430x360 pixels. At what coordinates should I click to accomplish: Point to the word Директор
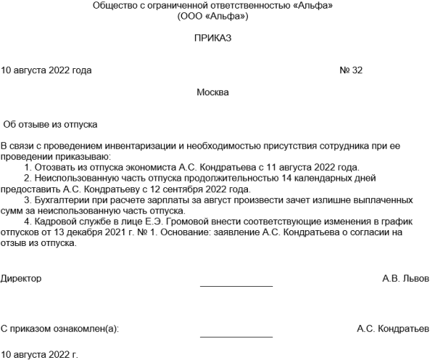pyautogui.click(x=21, y=277)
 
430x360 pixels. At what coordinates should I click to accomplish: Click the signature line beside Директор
pyautogui.click(x=236, y=286)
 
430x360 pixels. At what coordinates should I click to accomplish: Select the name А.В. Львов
pyautogui.click(x=406, y=277)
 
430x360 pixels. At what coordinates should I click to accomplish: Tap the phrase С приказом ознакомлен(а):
pyautogui.click(x=60, y=328)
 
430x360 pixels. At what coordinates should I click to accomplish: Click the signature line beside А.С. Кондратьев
pyautogui.click(x=236, y=337)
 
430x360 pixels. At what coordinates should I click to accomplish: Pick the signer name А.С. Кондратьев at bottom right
pyautogui.click(x=392, y=328)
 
